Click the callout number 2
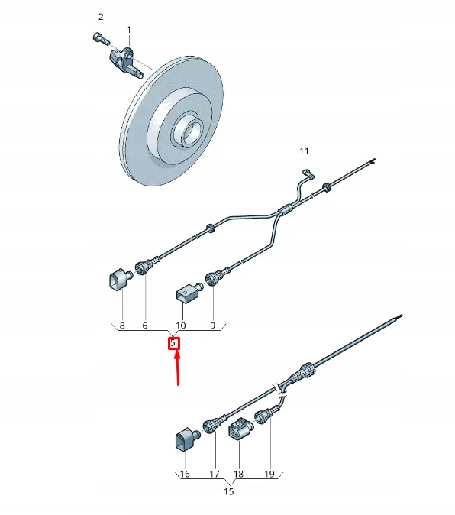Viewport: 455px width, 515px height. (101, 17)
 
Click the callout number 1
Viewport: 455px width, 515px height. (128, 30)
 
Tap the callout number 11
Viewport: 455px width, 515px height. (303, 150)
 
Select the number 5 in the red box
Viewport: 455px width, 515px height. (174, 344)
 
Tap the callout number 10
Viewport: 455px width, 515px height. (182, 326)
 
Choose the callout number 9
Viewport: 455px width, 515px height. (214, 326)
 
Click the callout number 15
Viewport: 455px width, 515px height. (228, 491)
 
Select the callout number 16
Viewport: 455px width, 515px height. (184, 475)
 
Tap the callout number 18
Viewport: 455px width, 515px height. (238, 475)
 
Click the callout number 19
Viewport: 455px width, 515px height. (269, 475)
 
